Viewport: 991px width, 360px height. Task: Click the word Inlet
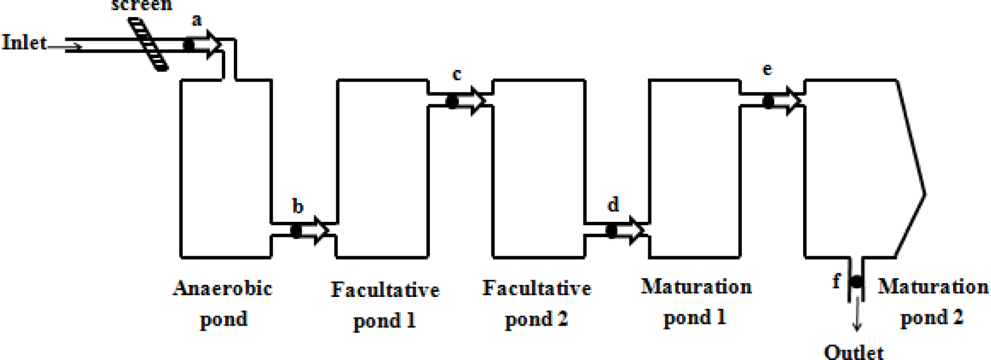24,42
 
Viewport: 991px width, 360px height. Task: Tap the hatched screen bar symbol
148,44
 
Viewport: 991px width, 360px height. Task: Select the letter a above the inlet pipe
197,21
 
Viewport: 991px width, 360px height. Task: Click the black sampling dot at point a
189,44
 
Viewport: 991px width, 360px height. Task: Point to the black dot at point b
296,230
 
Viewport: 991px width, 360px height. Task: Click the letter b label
297,206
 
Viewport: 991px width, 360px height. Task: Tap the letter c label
457,75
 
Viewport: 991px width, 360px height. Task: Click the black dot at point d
612,230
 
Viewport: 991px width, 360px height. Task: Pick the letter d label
613,204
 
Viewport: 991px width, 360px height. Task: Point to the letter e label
767,70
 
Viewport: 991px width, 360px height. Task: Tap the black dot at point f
856,282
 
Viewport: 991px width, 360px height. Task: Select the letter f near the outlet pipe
836,281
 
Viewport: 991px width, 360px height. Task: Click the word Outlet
853,351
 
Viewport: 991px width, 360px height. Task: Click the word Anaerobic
222,288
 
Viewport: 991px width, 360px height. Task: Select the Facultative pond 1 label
385,304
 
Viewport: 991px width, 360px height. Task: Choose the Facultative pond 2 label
536,303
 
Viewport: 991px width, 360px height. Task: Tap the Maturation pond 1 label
696,302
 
